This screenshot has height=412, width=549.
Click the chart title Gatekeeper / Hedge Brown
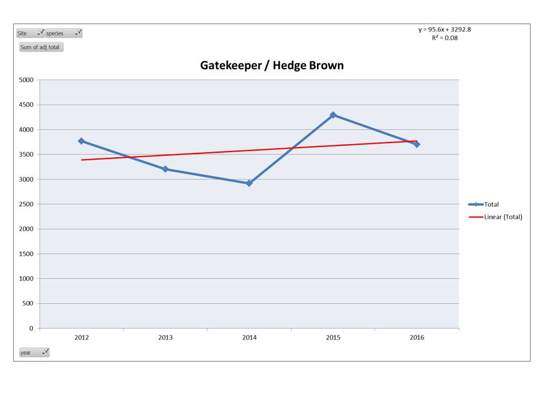click(272, 65)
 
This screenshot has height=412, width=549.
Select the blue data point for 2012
click(81, 141)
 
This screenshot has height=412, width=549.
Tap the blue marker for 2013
click(165, 169)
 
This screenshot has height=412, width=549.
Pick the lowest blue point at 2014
click(249, 183)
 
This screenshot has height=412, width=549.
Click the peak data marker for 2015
click(333, 115)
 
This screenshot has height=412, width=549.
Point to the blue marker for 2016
click(417, 144)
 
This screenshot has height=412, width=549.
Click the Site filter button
click(30, 33)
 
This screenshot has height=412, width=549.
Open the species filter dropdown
click(63, 33)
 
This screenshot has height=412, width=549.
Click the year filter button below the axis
click(34, 352)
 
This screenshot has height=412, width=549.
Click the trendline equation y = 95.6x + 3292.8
click(444, 30)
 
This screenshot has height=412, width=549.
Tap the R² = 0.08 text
click(444, 38)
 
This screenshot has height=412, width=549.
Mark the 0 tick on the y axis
click(31, 328)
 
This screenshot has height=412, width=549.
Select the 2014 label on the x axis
click(249, 338)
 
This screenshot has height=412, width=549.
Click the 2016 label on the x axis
click(417, 338)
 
